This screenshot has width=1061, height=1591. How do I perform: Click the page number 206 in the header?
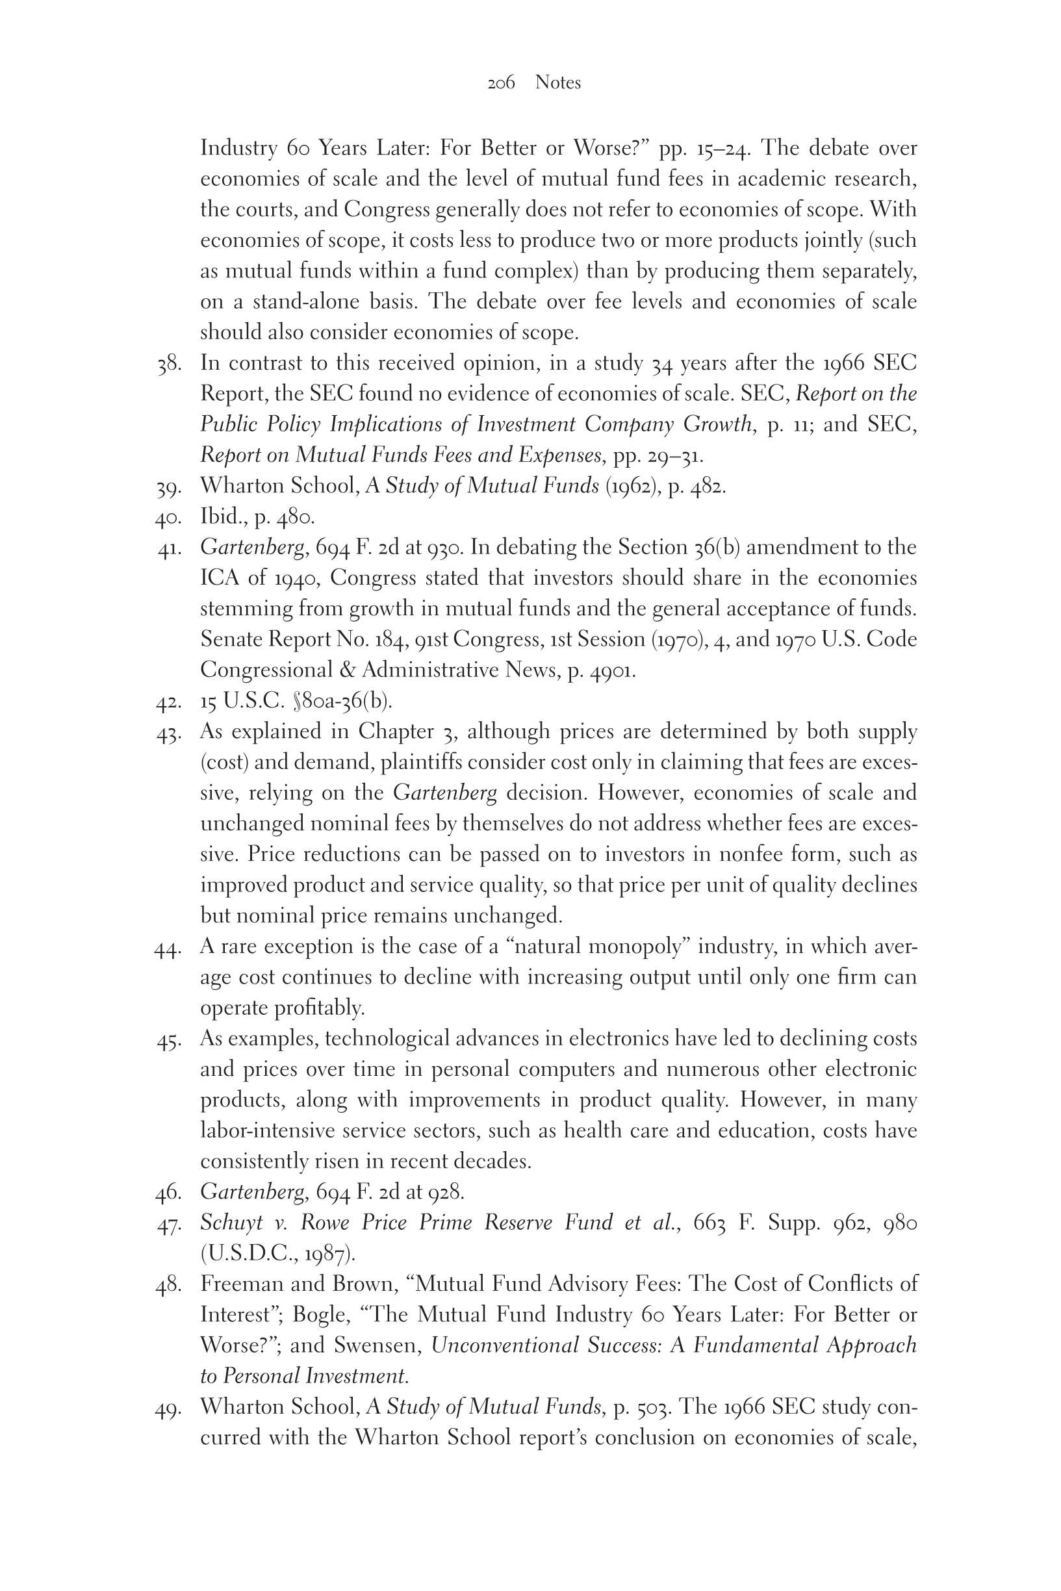[501, 83]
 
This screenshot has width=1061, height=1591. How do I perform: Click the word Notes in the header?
[557, 83]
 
